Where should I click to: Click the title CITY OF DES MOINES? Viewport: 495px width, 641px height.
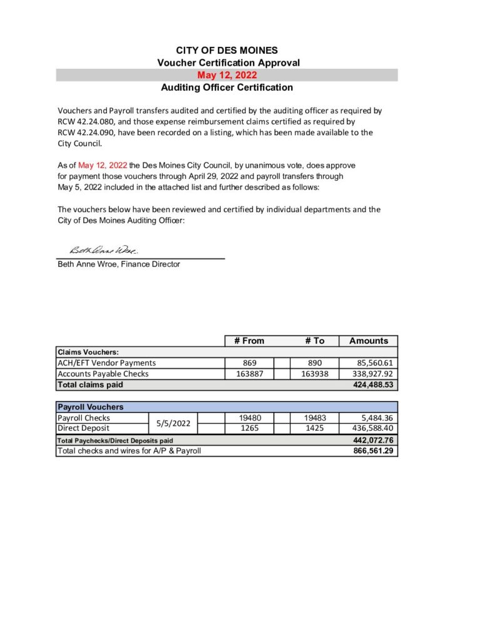[227, 50]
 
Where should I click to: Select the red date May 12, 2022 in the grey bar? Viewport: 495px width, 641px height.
[227, 75]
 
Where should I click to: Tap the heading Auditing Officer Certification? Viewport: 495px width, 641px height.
[227, 88]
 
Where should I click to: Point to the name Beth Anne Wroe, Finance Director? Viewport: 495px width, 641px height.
[119, 264]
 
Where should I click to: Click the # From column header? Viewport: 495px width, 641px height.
[249, 341]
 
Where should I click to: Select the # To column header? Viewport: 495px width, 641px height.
[315, 341]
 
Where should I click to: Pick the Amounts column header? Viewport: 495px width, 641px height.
[369, 341]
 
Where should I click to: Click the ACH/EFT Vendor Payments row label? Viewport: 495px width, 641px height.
[106, 362]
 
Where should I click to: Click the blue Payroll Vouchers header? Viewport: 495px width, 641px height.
[91, 407]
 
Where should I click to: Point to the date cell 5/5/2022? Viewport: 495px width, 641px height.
[173, 423]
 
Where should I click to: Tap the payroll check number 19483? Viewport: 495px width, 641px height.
[315, 418]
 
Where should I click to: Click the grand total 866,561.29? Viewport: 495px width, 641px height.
[374, 451]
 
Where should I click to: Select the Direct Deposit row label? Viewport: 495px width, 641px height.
[83, 428]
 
